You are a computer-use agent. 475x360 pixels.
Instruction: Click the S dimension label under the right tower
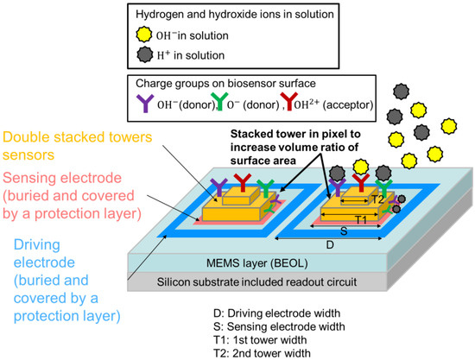point(343,232)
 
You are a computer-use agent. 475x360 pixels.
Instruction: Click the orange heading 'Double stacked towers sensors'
point(78,145)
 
